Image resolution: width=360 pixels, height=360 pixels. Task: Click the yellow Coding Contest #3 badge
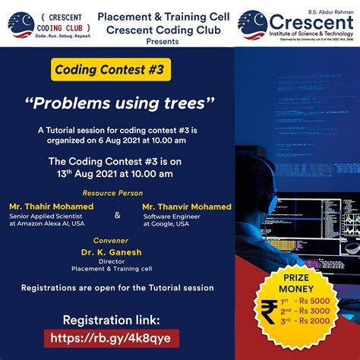tap(111, 71)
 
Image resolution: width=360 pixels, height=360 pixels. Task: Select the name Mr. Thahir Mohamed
tap(52, 207)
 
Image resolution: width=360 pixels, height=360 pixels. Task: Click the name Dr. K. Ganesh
tap(112, 252)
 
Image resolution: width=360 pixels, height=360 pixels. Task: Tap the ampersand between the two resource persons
tap(117, 215)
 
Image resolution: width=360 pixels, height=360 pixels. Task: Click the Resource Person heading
tap(111, 193)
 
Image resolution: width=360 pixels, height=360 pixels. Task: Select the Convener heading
tap(111, 240)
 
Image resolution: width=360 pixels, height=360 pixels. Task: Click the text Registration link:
tap(112, 319)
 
